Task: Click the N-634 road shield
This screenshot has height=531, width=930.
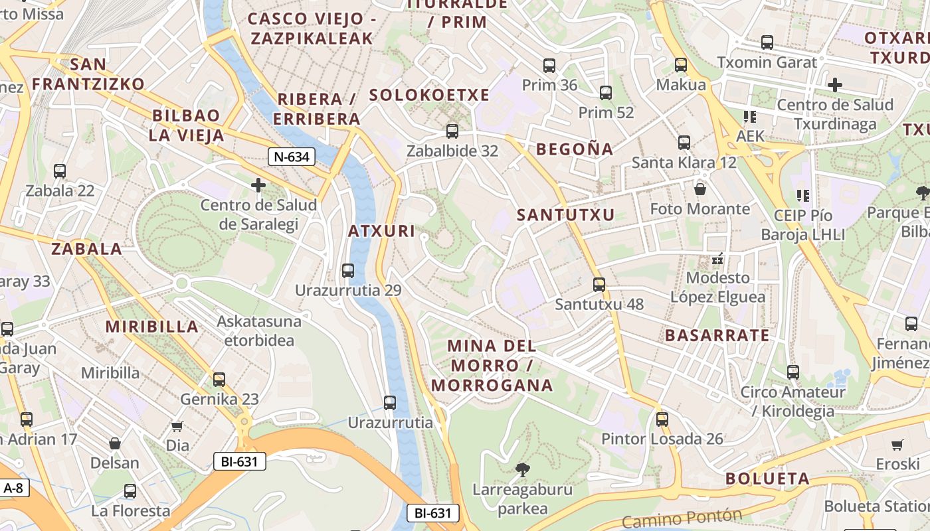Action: point(292,157)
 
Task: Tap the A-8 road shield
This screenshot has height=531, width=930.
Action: point(14,488)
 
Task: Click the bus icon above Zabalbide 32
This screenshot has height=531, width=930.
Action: point(452,131)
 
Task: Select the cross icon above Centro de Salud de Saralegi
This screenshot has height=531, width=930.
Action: point(258,185)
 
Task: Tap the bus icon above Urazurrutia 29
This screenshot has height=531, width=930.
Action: point(347,271)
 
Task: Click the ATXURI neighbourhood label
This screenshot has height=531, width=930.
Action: point(381,232)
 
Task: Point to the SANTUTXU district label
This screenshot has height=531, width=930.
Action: point(566,214)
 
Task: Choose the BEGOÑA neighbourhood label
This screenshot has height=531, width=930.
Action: point(575,149)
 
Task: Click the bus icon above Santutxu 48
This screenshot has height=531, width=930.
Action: point(599,285)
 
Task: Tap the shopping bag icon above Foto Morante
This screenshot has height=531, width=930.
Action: point(699,189)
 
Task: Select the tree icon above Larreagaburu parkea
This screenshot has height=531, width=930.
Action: point(523,470)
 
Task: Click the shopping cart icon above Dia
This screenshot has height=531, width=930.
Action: point(177,425)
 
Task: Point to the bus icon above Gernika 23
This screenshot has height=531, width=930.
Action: point(219,380)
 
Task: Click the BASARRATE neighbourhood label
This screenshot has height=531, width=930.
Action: point(717,335)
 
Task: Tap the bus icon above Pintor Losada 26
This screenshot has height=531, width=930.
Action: point(662,419)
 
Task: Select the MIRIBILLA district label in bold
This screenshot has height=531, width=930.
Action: point(152,327)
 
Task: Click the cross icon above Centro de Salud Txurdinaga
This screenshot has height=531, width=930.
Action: point(835,85)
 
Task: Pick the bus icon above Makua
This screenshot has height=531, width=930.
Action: point(681,65)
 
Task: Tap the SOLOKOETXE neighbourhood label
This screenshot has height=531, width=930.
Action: point(429,95)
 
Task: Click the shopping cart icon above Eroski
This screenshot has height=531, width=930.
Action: point(897,444)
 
